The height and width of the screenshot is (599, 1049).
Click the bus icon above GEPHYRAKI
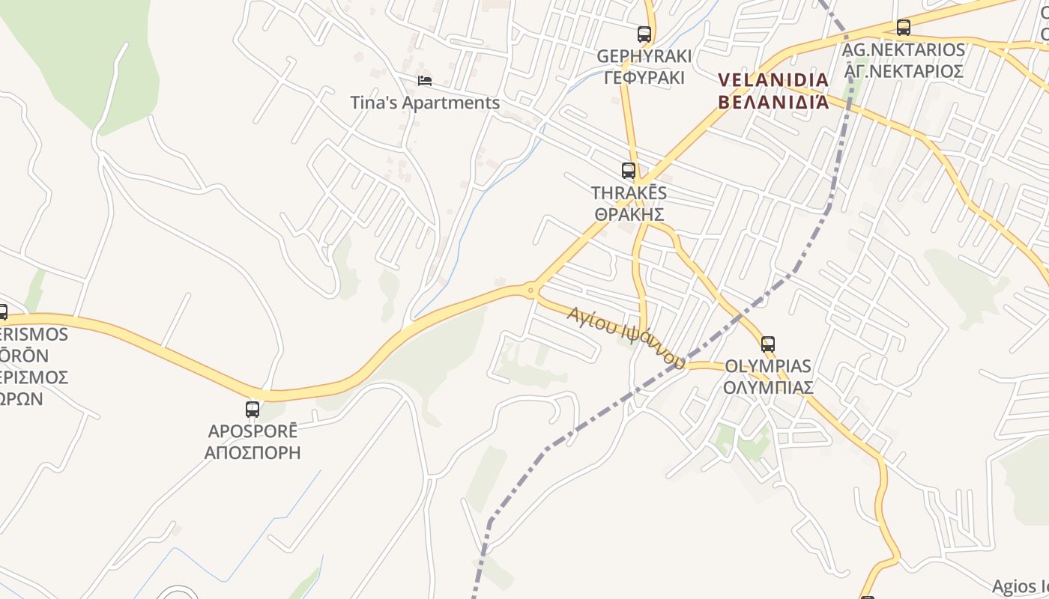pos(644,34)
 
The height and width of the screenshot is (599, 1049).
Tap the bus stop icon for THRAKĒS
pos(629,171)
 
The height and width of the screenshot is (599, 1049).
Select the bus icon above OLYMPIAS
pos(768,344)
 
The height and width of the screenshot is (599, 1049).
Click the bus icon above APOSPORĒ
pos(253,410)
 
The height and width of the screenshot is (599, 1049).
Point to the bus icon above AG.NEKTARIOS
pos(904,28)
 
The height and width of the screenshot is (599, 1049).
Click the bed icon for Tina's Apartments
pos(425,80)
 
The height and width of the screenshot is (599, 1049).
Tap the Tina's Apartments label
pos(425,103)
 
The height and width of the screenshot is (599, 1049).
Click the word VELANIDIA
pos(773,80)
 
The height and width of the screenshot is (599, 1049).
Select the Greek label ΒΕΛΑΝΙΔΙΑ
pos(773,101)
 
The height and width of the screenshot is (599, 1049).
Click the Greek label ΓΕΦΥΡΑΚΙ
pos(644,77)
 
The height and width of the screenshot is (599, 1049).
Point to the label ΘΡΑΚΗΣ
pos(629,215)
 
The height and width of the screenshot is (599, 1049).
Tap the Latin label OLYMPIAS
pos(768,366)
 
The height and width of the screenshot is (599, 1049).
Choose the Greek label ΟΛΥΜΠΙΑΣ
pos(768,387)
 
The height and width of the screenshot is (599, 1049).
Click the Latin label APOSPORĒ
pos(253,431)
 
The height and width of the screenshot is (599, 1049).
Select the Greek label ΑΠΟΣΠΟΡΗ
pos(253,452)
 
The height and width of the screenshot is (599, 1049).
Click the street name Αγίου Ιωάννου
pos(626,338)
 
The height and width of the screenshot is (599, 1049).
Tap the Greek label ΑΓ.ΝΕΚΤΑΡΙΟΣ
pos(904,71)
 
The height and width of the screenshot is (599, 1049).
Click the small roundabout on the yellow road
pos(530,290)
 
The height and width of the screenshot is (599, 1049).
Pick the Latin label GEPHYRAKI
pos(644,56)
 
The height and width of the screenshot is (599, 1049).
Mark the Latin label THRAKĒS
pos(629,193)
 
